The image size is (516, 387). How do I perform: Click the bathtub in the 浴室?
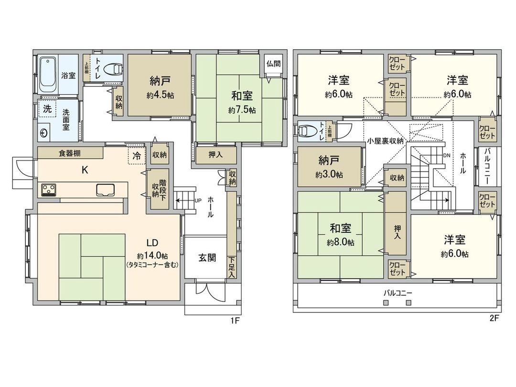click(48, 75)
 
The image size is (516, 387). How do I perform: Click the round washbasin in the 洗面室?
click(43, 133)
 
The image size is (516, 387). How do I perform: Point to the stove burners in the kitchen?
click(48, 190)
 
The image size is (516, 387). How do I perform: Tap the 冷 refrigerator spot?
click(137, 155)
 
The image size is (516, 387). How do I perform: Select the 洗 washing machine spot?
click(47, 109)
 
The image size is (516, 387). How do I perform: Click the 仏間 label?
click(273, 63)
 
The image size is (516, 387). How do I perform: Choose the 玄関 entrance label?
click(207, 258)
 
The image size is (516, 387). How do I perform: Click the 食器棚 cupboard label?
click(70, 153)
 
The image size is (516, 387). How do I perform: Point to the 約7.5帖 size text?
click(241, 110)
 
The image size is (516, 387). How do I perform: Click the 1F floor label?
click(235, 321)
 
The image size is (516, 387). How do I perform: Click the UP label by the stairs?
click(197, 201)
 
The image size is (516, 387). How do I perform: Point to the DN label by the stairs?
click(446, 156)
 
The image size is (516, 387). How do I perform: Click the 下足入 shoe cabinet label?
click(232, 267)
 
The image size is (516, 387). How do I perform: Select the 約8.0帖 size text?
click(340, 242)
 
